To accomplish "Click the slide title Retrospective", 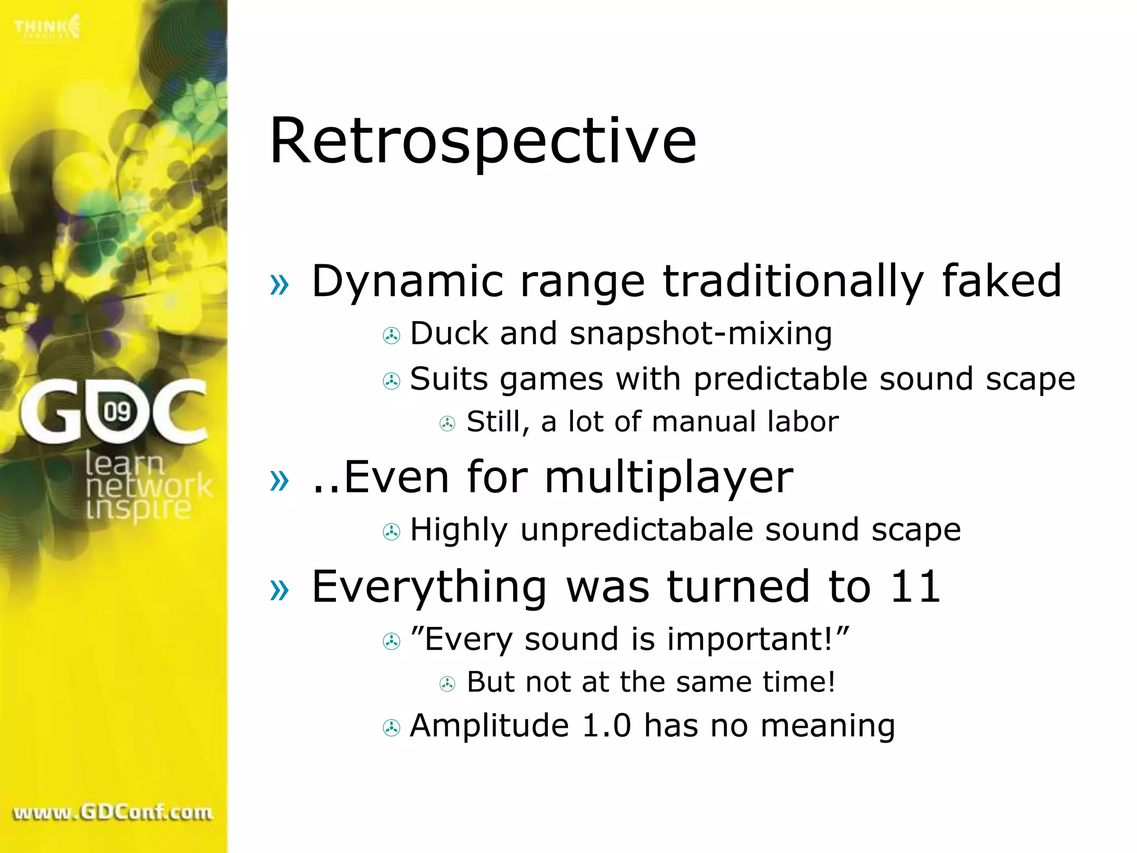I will click(482, 141).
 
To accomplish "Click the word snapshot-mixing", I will click(701, 334).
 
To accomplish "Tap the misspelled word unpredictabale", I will click(637, 530).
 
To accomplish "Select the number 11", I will click(915, 586).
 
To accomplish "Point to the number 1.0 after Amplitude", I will click(606, 726).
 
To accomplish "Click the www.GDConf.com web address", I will click(113, 812).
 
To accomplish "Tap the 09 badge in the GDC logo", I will click(117, 412).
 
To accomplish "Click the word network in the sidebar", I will click(149, 486).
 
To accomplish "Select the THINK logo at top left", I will click(47, 27).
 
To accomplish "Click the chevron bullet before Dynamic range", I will click(279, 284).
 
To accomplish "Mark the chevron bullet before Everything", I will click(279, 589).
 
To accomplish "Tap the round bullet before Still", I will click(447, 424).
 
